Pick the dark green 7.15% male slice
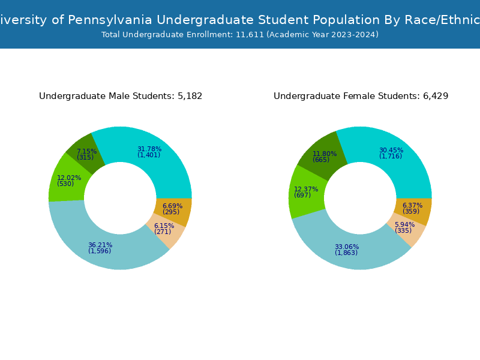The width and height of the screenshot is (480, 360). point(85,153)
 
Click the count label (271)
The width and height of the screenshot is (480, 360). point(163,232)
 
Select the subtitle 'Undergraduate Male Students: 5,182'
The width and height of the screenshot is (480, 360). point(121,97)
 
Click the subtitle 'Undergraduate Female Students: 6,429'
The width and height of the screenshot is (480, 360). point(361,97)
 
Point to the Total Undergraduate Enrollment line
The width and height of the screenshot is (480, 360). point(240,35)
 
